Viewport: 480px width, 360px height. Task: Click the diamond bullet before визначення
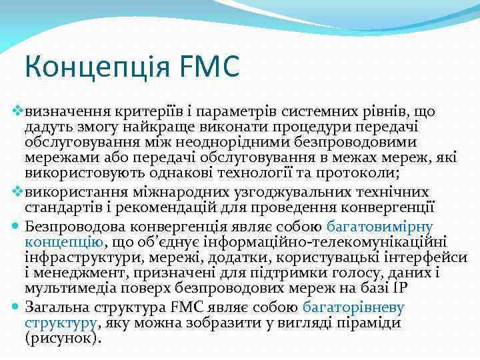tap(18, 109)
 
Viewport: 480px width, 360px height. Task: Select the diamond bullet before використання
tap(18, 191)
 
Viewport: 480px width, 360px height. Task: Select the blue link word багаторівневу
tap(353, 307)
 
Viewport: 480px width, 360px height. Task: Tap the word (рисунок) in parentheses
tap(63, 339)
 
